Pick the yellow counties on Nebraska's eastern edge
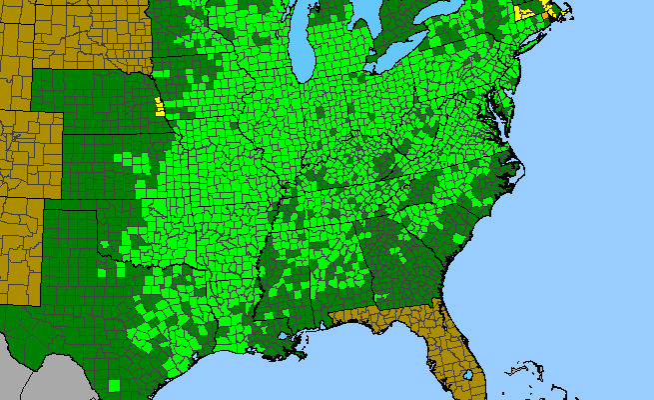[x=158, y=107]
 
